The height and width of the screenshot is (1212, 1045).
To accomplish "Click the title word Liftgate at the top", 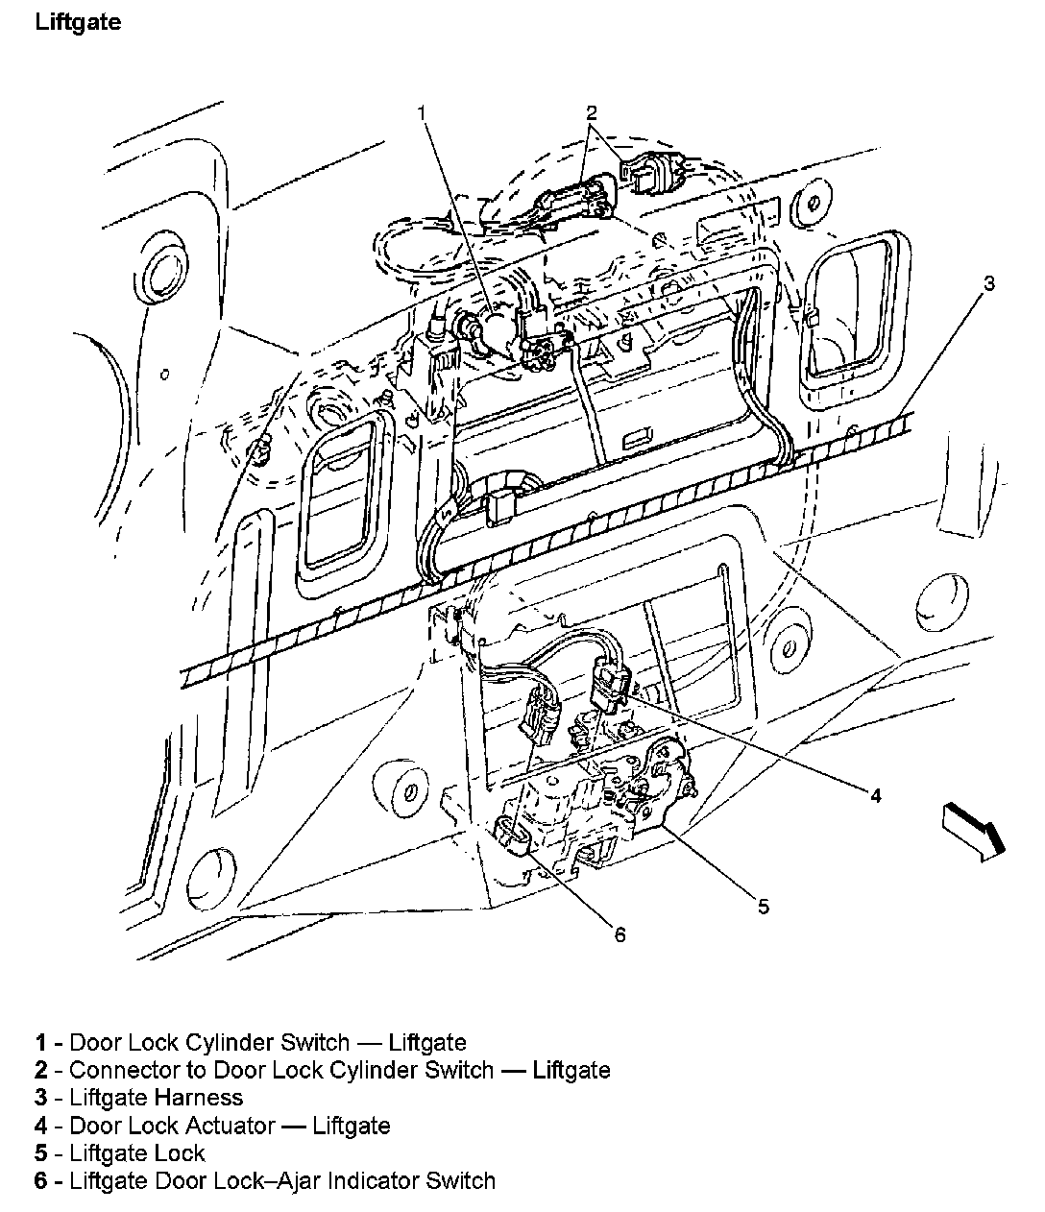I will click(79, 22).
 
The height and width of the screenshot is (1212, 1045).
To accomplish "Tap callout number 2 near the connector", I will click(593, 112).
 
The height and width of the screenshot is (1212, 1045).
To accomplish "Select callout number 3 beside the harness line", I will click(988, 282).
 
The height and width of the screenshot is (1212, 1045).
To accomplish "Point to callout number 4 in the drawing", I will click(875, 794).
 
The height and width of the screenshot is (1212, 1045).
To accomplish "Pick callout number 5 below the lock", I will click(763, 906).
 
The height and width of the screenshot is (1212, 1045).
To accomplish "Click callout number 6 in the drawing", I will click(620, 933).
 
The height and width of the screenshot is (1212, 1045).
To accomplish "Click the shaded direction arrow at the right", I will click(972, 827).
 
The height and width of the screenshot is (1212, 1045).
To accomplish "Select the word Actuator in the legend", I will click(231, 1125).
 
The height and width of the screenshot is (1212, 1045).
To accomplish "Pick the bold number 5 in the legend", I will click(41, 1152).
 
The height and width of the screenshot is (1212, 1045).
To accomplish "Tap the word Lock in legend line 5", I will click(182, 1152).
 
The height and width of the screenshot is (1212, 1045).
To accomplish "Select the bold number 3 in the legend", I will click(41, 1097).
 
